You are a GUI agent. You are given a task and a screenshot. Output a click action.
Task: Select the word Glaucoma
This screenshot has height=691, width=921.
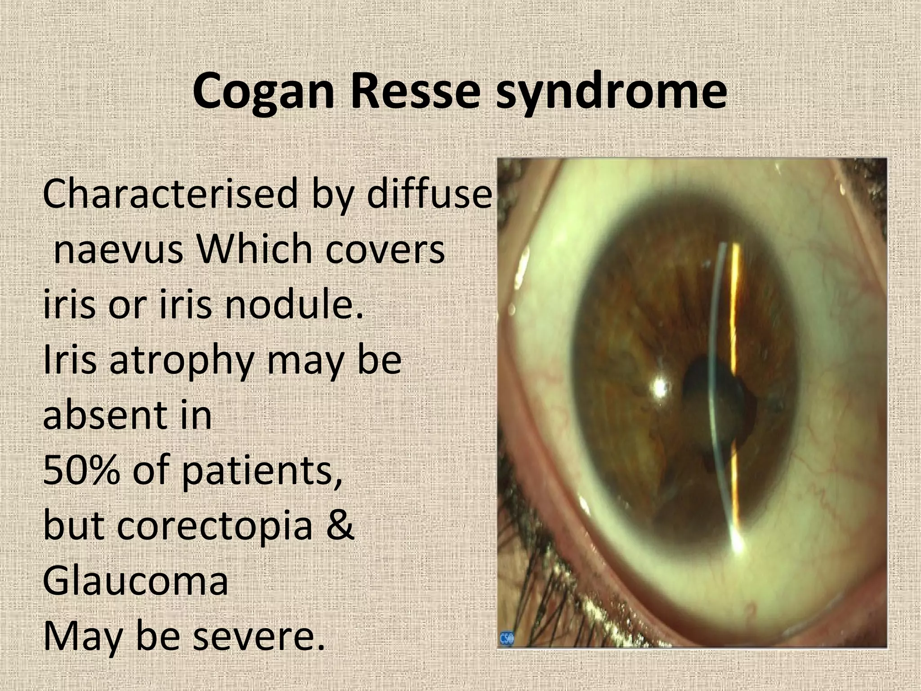[x=135, y=580]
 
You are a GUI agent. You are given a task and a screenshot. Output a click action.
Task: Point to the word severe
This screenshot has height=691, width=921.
[x=259, y=637]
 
